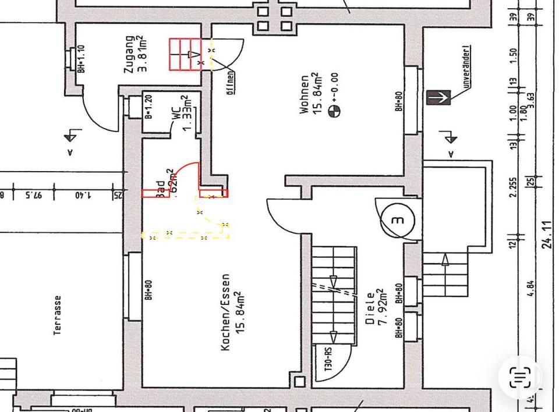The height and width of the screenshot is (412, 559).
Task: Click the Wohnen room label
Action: coord(305,94)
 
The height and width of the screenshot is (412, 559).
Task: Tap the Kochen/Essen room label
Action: coord(226,312)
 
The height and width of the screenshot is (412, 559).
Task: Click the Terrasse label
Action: coord(58,315)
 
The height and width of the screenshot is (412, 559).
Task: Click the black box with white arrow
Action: coord(438,97)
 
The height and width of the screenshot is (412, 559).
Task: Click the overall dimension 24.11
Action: coord(547,235)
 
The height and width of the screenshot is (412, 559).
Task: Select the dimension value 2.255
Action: coord(513,187)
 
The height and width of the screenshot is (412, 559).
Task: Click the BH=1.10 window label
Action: coord(81,59)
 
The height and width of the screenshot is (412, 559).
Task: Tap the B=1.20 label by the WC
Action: coord(148,106)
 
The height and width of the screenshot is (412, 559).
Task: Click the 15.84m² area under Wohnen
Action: coord(317,94)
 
